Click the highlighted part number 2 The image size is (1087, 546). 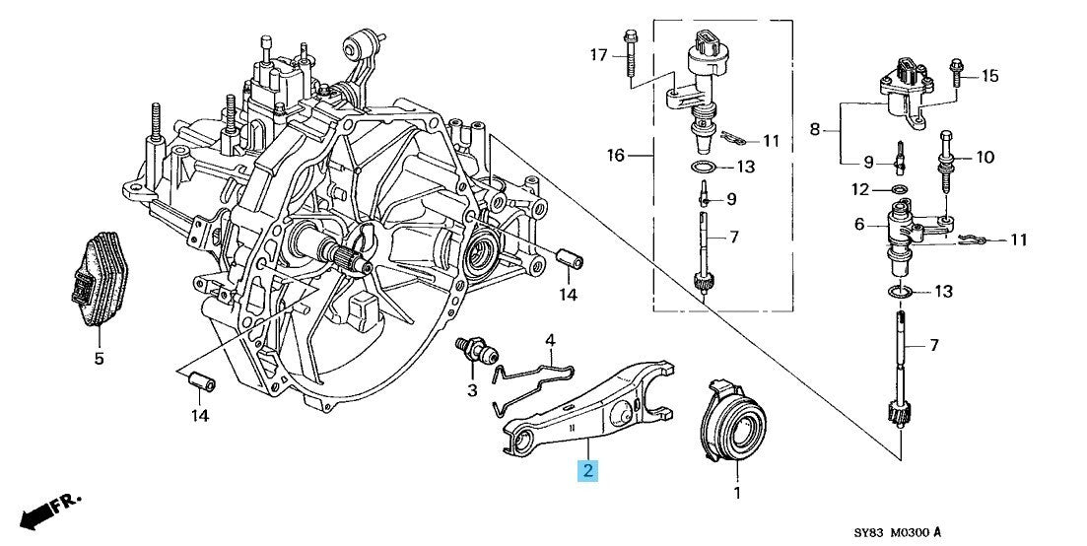tap(587, 470)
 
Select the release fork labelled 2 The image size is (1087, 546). tap(591, 409)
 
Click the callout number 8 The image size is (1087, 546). tap(815, 127)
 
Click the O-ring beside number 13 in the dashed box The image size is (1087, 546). tap(703, 167)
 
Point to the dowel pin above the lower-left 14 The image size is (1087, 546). tap(203, 379)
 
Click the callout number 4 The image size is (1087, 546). tap(551, 341)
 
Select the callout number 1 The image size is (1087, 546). tap(735, 490)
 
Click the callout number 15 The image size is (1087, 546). tap(990, 76)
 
